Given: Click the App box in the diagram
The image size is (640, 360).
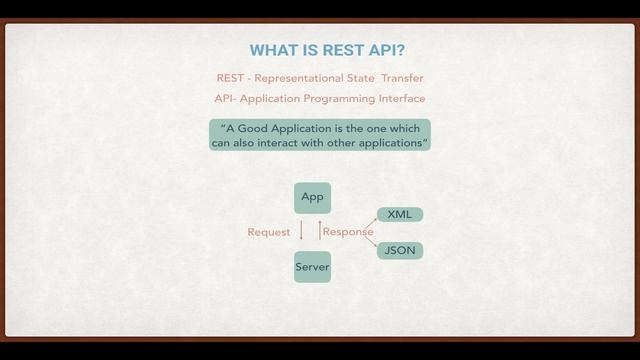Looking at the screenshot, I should click(x=312, y=197).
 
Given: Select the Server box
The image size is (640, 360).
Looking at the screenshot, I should click(x=312, y=267).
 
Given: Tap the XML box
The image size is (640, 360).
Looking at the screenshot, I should click(x=400, y=214).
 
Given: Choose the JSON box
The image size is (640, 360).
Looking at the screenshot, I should click(x=400, y=250).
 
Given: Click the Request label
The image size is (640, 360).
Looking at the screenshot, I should click(x=268, y=232).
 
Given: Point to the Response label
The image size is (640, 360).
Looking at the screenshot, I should click(x=347, y=232).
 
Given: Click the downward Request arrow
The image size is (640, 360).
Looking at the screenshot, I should click(x=301, y=232).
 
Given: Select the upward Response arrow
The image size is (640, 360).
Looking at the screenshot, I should click(x=319, y=231).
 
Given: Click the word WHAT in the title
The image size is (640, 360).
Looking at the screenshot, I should click(x=272, y=50).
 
